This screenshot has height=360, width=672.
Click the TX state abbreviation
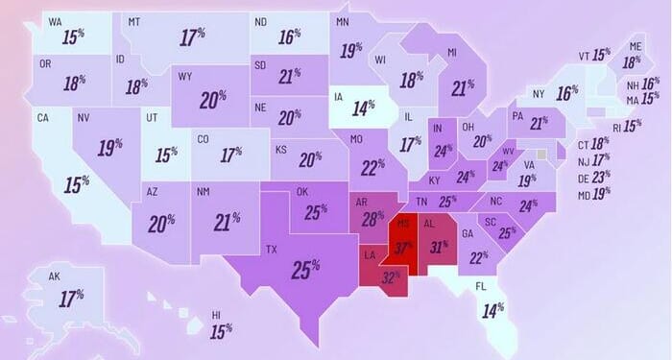click(272, 250)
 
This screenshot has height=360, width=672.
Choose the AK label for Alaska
click(55, 276)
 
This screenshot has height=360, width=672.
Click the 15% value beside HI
click(222, 330)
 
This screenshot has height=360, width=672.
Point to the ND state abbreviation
click(260, 21)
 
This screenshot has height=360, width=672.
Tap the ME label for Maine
click(635, 46)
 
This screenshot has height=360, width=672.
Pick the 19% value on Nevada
click(110, 148)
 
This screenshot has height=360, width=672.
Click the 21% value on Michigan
click(464, 88)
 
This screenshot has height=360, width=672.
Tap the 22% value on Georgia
click(479, 257)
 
